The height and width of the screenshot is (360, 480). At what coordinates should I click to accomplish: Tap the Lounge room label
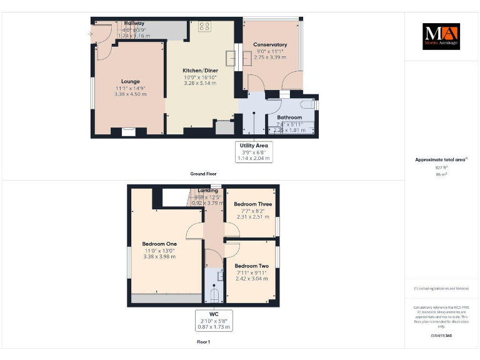[130, 81]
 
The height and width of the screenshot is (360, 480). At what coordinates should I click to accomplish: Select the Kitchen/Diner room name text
[199, 71]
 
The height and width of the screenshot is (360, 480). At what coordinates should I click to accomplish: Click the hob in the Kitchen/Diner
[204, 26]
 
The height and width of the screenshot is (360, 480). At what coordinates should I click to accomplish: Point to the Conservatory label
[270, 44]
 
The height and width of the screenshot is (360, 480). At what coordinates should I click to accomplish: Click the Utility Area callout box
[254, 152]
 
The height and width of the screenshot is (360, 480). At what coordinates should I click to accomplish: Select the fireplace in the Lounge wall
[129, 131]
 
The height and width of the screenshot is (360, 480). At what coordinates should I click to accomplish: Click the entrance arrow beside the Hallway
[91, 34]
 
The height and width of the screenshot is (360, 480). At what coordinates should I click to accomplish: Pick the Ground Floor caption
[204, 173]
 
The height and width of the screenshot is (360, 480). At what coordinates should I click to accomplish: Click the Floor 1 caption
[203, 342]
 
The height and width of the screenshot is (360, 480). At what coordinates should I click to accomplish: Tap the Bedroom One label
[159, 244]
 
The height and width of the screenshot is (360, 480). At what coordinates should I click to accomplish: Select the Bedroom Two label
[252, 266]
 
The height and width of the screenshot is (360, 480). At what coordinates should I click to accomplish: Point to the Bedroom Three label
[252, 204]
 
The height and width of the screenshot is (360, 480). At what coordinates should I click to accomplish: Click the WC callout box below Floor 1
[213, 321]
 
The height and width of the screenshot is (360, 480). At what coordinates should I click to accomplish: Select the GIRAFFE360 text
[441, 336]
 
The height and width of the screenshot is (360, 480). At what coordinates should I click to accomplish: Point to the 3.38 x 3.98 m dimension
[159, 256]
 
